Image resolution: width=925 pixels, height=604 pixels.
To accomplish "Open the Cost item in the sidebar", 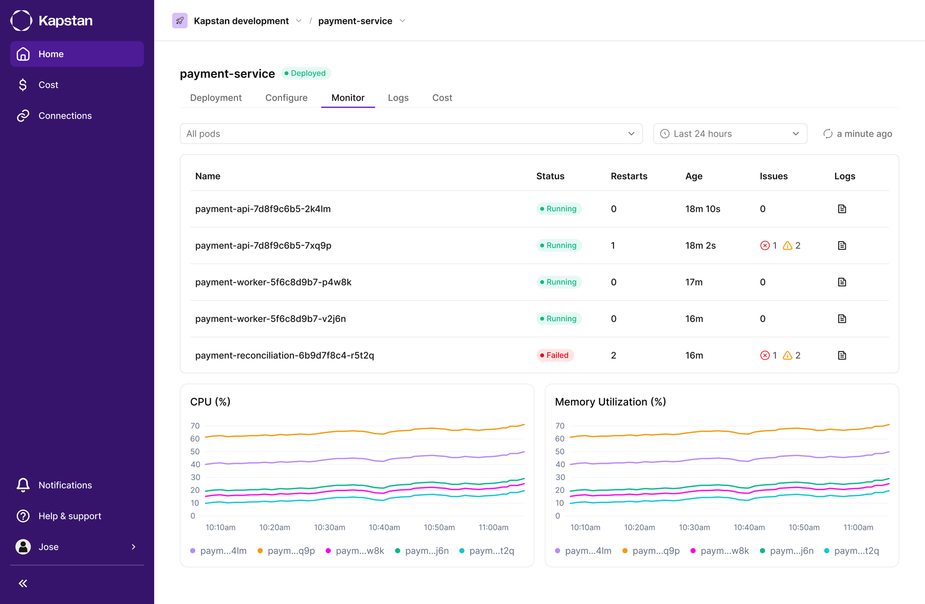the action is pos(48,85).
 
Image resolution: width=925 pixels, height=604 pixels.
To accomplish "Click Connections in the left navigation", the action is pos(65,116).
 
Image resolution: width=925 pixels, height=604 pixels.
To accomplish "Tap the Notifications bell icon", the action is pos(23,485).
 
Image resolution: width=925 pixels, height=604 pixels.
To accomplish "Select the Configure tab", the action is pos(286,98).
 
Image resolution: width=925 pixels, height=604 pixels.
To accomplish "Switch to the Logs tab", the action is pos(398,98).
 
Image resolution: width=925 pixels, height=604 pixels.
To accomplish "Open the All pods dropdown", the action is pos(411,134).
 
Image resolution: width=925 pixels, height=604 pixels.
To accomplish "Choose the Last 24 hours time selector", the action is pos(730,134).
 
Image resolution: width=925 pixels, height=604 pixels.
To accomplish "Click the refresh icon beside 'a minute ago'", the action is pos(828,134).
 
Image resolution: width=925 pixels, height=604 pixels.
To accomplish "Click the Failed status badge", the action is pos(555,355).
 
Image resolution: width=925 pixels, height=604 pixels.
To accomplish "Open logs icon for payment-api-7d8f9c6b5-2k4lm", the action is pos(842,209).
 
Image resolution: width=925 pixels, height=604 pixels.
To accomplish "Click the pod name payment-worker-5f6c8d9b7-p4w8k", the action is pos(273,282).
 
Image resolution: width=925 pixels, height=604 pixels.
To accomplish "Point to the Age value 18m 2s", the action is pos(700,246).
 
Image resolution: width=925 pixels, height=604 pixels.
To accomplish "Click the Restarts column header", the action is pos(629,176).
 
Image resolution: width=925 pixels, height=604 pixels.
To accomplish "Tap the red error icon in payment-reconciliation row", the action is pos(765,355).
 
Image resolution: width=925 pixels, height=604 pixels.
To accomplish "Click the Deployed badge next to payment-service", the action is pos(305,73).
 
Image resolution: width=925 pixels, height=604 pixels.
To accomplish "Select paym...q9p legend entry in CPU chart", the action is pos(286,551).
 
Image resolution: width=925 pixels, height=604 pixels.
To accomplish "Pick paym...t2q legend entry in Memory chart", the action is pos(852,551).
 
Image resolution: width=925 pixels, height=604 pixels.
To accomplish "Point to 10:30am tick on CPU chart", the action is pos(329,527).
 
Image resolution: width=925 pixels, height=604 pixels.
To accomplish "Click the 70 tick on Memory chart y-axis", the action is pos(560,426).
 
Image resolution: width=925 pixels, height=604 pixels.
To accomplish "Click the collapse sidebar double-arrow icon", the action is pos(23,583).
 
